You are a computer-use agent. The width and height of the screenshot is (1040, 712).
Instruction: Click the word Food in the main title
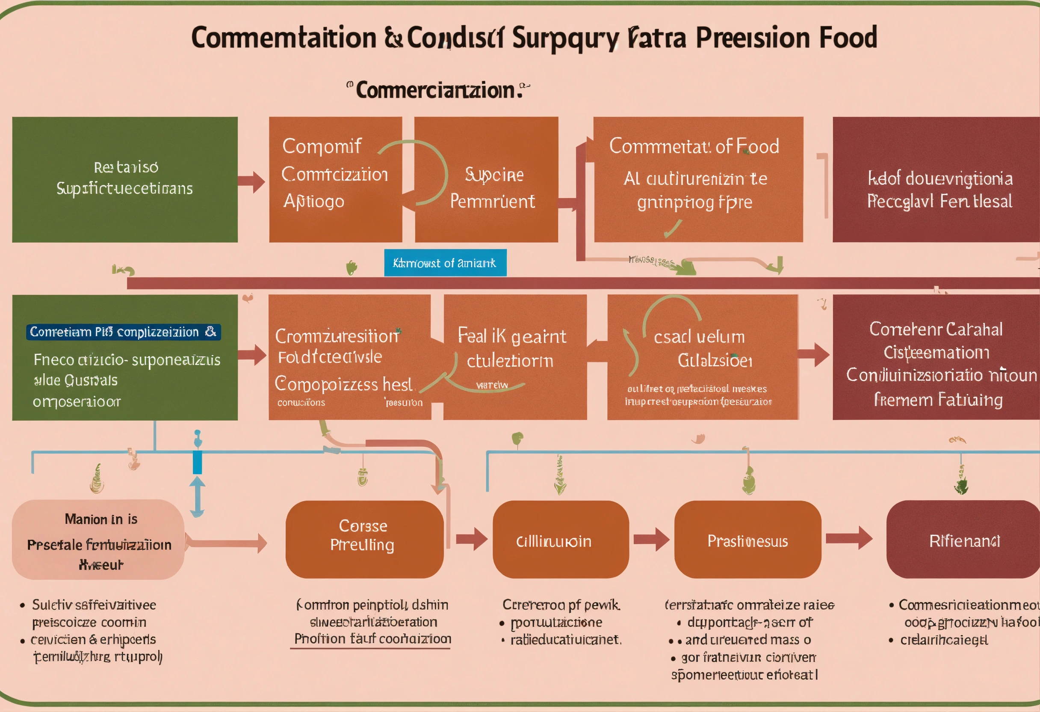(848, 38)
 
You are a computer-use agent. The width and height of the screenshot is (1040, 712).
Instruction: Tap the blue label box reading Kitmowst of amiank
(445, 263)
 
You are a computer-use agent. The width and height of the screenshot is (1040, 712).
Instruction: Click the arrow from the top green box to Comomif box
(251, 181)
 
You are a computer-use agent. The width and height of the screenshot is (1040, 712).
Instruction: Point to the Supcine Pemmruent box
(492, 188)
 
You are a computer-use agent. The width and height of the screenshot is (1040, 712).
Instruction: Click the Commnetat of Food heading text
(694, 146)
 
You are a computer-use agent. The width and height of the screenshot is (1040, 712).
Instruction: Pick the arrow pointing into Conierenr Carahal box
(813, 355)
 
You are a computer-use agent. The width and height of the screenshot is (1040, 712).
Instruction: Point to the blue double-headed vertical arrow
(197, 497)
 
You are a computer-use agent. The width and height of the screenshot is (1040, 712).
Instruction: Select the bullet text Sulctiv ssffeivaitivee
(94, 605)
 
